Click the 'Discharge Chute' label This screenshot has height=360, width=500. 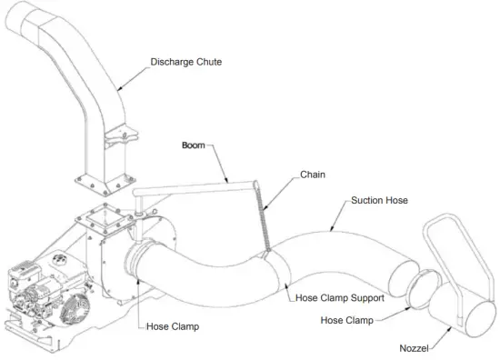coord(185,62)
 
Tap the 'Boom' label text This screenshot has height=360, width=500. coord(194,144)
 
